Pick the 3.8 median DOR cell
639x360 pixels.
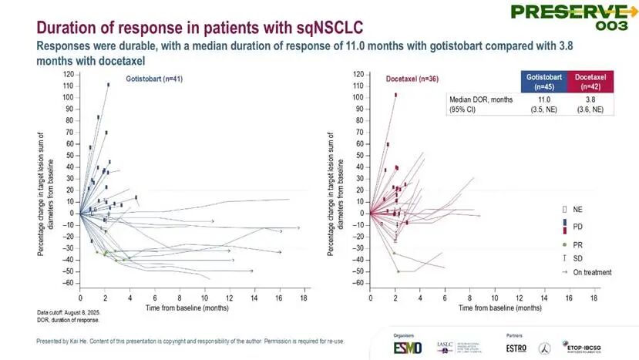point(590,99)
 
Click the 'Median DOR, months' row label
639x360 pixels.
point(481,99)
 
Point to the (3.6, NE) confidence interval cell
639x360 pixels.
point(590,109)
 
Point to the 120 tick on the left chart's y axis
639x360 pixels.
point(68,75)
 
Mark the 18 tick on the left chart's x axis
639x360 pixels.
point(304,297)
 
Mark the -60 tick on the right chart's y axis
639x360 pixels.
point(358,283)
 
